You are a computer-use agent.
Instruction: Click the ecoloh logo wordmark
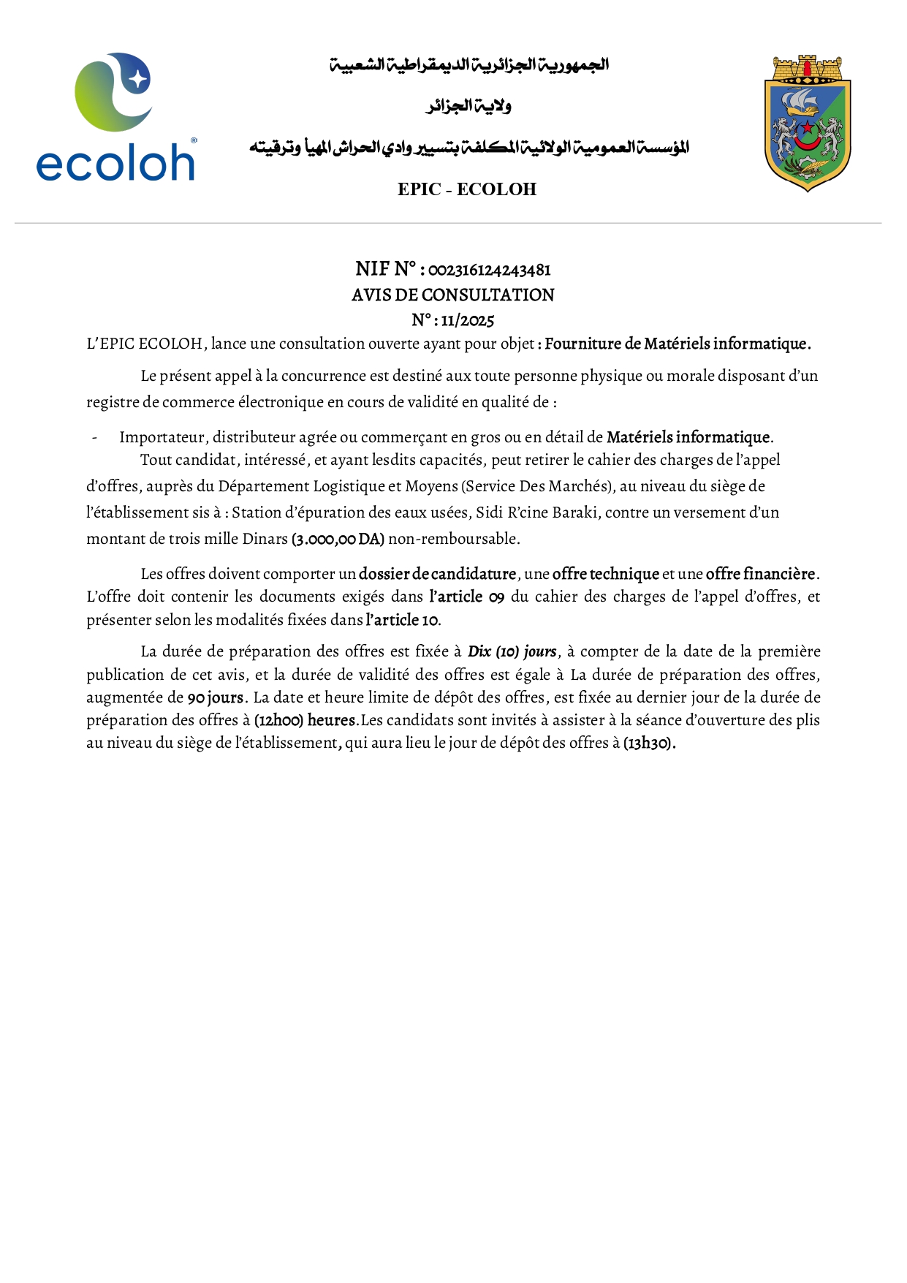115,162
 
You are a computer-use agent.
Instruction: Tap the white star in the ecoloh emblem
137,78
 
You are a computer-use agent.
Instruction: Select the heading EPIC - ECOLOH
467,189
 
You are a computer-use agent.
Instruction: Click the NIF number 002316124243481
489,270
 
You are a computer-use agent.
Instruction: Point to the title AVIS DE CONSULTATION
452,295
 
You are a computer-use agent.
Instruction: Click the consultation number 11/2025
467,321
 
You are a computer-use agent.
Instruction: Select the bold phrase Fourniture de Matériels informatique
678,344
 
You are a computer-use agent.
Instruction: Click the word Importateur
162,438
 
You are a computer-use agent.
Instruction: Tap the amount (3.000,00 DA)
338,540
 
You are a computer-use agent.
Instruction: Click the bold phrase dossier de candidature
437,575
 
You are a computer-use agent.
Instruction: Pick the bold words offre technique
605,575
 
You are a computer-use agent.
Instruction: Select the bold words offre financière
760,575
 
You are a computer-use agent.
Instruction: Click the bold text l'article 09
466,597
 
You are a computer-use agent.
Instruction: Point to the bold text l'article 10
402,621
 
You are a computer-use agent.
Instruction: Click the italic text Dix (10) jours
512,651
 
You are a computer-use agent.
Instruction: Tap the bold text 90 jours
215,697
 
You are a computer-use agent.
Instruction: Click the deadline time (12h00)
278,720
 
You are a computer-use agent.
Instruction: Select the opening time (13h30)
648,743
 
